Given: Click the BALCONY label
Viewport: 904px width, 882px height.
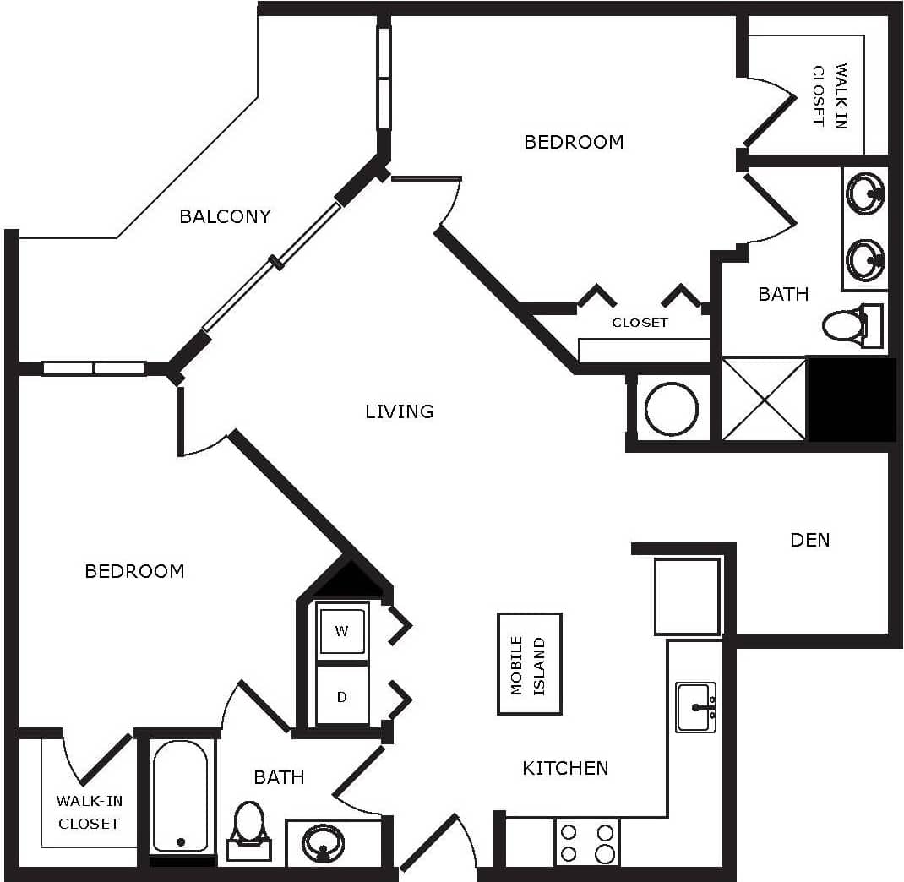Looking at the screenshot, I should click(225, 216).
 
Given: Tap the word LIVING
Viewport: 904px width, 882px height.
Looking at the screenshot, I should click(400, 411).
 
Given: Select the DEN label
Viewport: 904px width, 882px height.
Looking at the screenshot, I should click(809, 539).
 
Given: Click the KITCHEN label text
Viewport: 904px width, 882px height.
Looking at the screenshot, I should click(565, 768).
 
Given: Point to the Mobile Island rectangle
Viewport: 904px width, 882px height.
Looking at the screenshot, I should click(530, 664).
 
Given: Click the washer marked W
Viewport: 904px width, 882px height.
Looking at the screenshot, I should click(342, 630).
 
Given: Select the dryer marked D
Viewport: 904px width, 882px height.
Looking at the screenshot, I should click(342, 696).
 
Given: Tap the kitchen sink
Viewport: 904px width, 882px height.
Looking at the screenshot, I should click(695, 707).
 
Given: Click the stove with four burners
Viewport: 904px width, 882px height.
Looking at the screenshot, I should click(586, 842).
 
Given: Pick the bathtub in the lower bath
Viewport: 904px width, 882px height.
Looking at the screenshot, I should click(180, 796).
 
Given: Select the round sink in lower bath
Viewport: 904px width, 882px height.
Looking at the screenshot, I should click(324, 842).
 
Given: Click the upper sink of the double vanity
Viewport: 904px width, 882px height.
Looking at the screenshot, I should click(865, 193).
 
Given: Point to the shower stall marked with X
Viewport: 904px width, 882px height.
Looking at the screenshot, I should click(764, 399).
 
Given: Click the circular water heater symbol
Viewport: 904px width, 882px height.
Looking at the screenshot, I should click(672, 409).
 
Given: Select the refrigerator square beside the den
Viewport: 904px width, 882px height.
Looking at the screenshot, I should click(687, 596).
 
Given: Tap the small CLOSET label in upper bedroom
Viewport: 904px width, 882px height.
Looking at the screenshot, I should click(640, 323).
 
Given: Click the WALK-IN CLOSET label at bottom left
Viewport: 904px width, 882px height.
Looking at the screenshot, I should click(89, 812).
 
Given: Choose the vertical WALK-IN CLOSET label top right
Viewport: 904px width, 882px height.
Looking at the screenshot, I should click(829, 95).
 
